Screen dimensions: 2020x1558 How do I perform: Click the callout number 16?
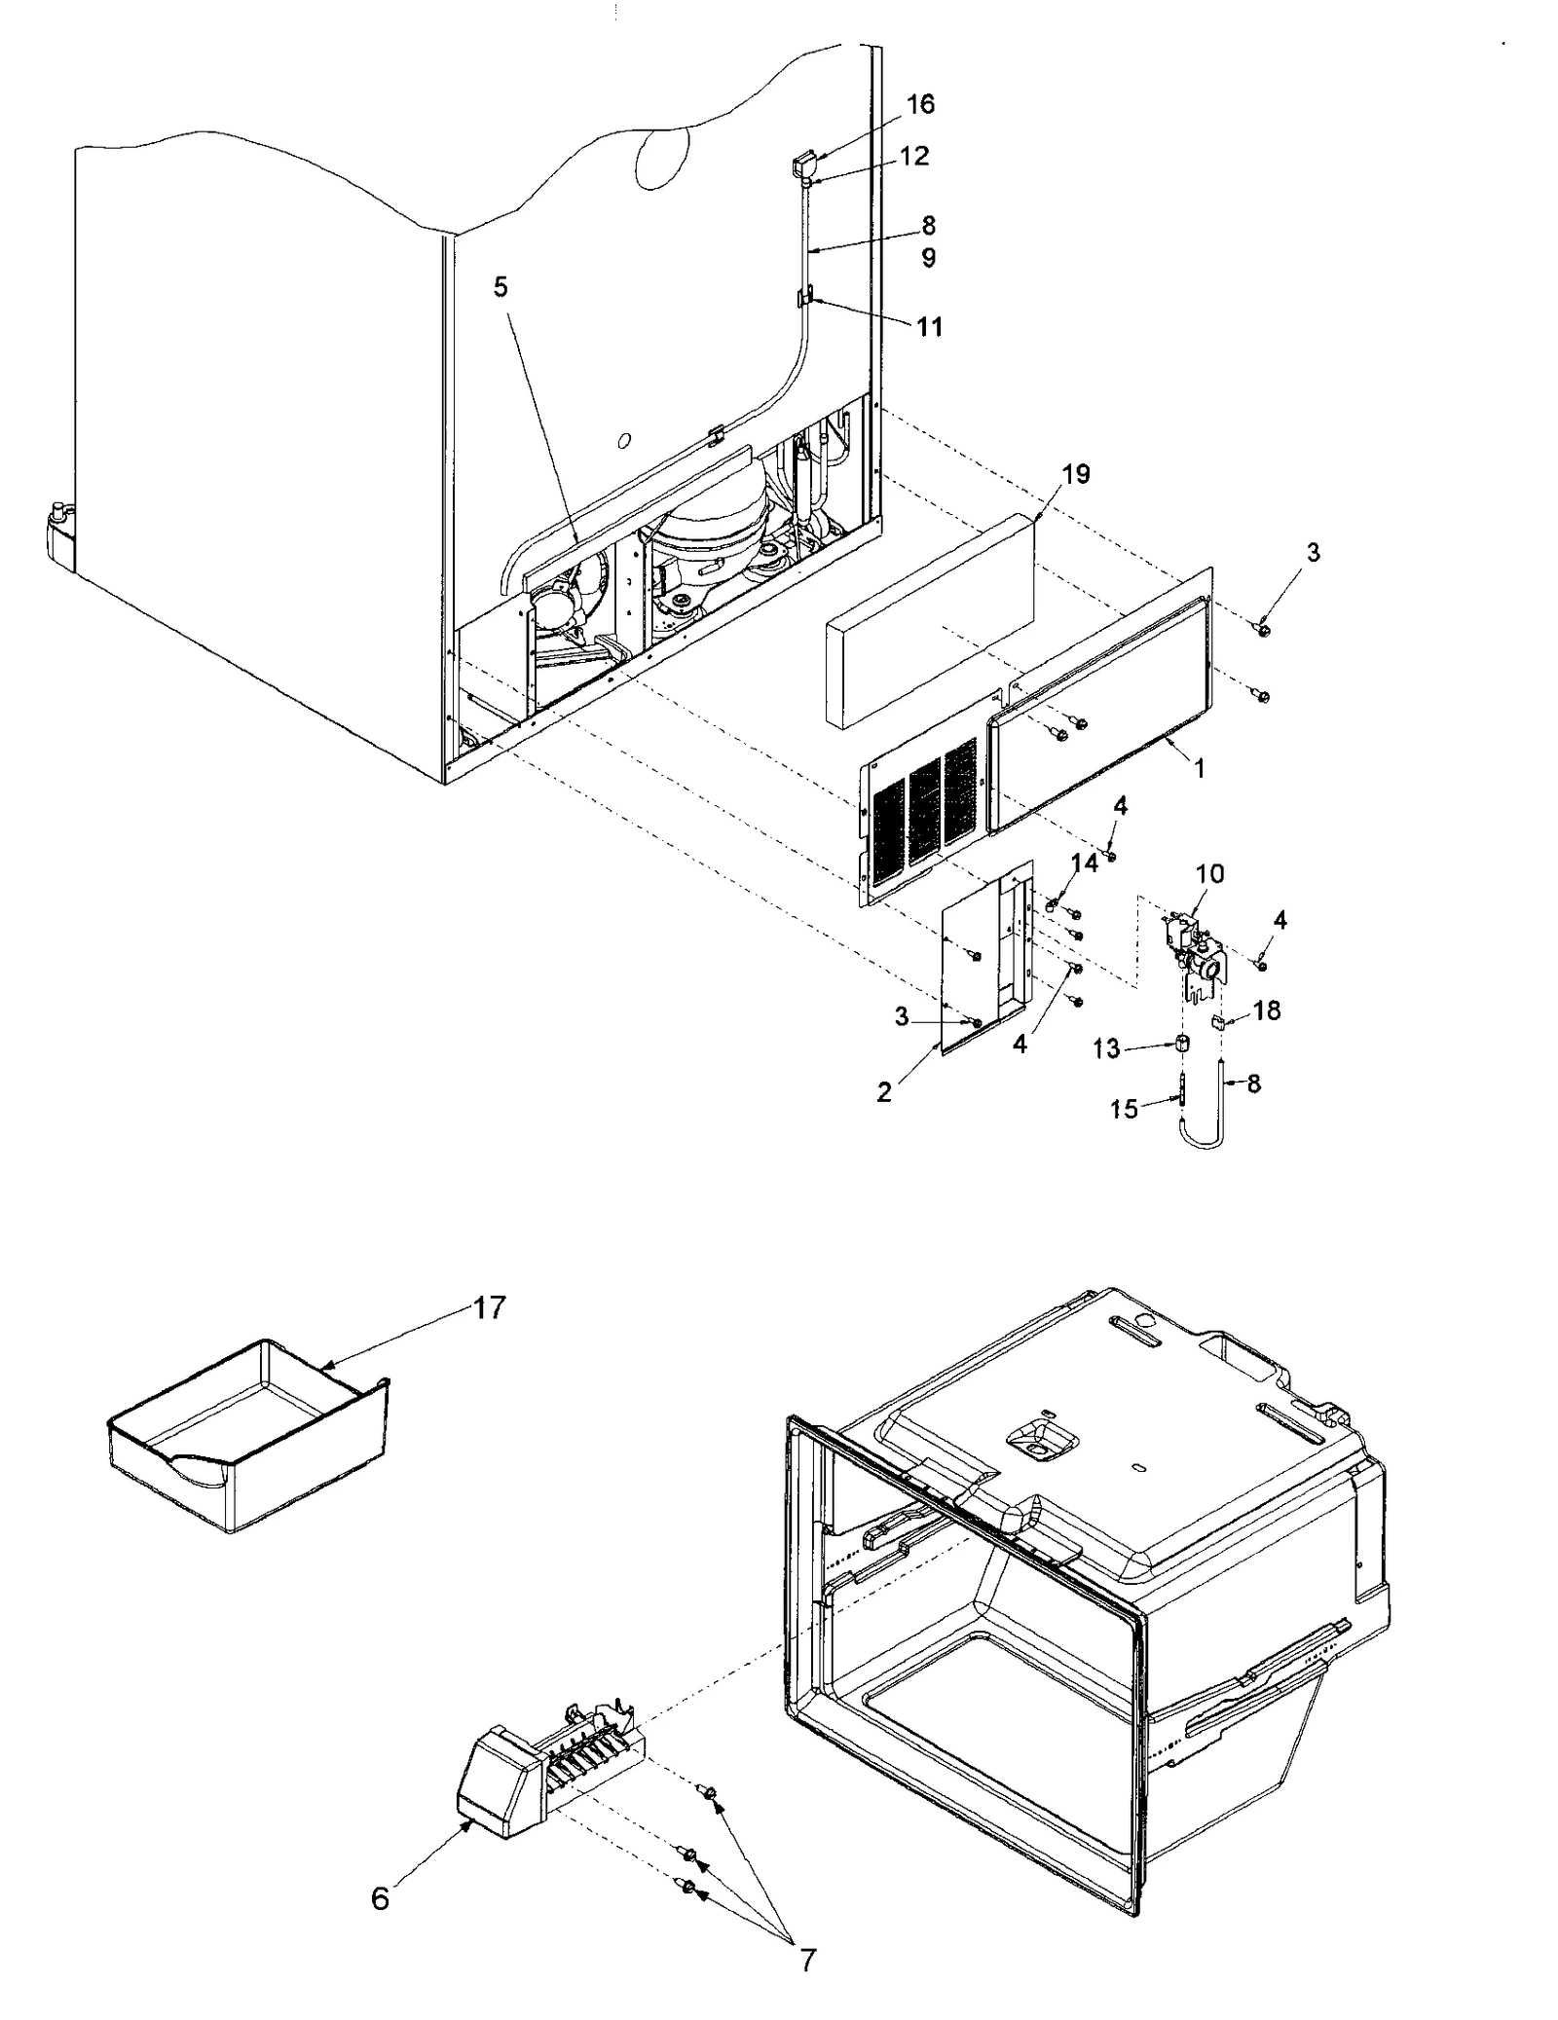919,104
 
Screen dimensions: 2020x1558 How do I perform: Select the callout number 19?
1075,474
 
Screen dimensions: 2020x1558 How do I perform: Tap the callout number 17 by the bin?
489,1307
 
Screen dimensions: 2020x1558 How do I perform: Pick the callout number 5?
501,287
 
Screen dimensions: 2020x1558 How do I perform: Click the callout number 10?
1209,873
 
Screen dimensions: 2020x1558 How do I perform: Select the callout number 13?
1106,1047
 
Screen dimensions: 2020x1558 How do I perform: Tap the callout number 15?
1124,1109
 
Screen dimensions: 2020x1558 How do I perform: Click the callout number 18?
1267,1010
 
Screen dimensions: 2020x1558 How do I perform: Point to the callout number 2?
883,1092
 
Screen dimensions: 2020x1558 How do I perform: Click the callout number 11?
930,326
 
